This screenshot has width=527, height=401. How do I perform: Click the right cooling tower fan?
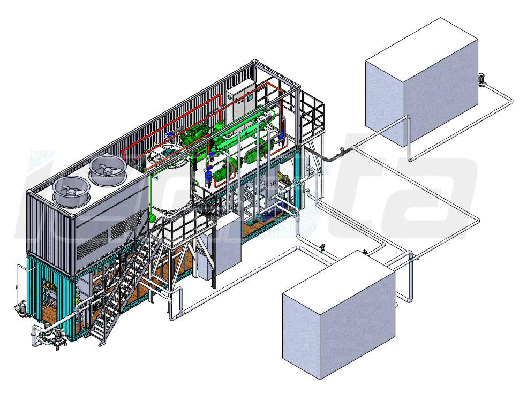108,168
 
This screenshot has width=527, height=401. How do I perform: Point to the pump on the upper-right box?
483,80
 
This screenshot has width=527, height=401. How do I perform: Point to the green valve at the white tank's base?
153,217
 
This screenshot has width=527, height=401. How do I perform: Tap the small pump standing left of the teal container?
21,308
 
